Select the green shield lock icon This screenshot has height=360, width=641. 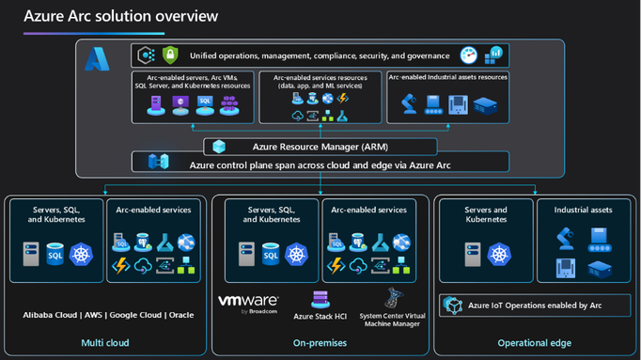point(170,55)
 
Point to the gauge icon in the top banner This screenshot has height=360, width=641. point(468,55)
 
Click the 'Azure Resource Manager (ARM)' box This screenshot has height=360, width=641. point(320,147)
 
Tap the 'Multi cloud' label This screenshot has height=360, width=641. point(105,343)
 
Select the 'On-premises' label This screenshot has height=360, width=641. point(320,343)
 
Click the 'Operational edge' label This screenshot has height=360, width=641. point(534,343)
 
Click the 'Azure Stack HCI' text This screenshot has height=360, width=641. point(320,317)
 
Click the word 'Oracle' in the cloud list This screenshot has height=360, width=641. point(180,315)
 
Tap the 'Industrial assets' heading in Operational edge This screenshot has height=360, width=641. point(583,210)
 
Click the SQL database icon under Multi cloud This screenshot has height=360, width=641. point(55,253)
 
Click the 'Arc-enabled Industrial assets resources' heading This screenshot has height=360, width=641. point(447,77)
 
